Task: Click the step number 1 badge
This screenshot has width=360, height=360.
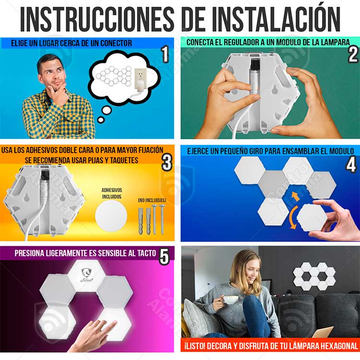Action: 165,55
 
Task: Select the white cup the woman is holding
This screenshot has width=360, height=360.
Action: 231,300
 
